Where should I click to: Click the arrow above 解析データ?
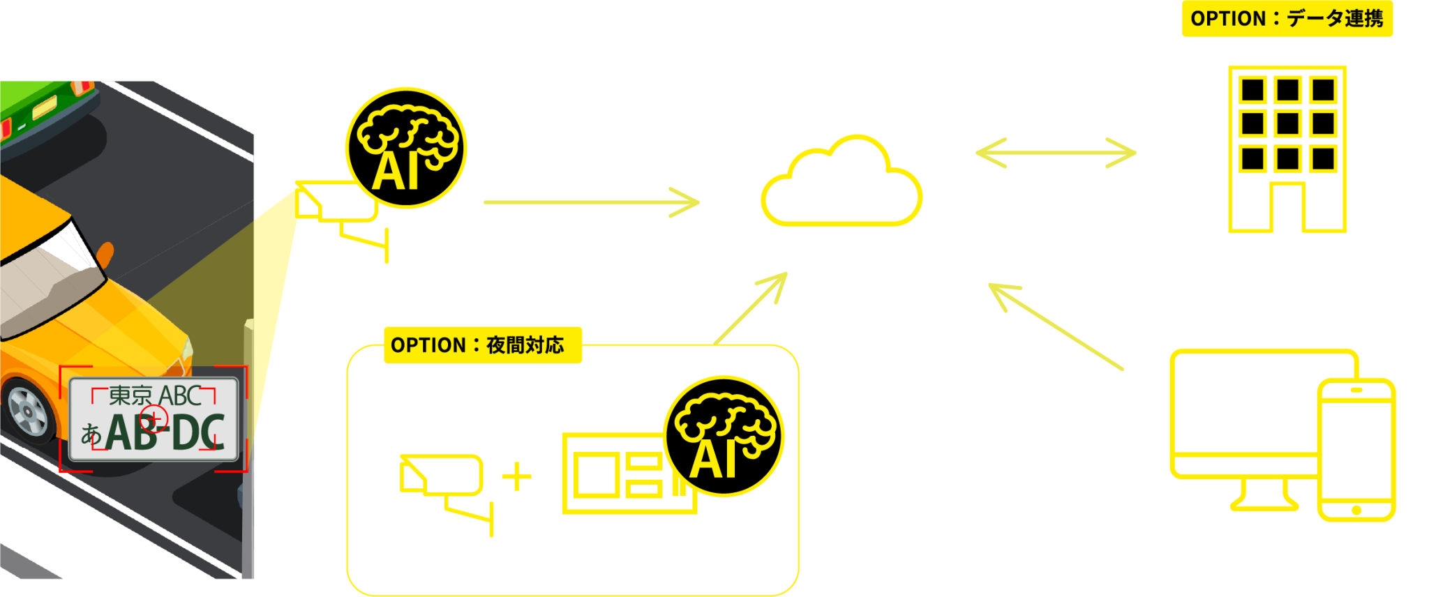592,202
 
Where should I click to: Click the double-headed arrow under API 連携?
1056,153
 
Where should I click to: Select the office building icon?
1287,149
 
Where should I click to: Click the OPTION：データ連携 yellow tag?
1287,19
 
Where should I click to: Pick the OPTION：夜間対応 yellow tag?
482,345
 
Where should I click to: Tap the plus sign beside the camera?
517,477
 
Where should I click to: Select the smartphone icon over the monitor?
1356,451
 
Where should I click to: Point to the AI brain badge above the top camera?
406,148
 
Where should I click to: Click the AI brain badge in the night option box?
724,436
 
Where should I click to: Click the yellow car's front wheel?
28,411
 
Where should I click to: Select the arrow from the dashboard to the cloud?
1056,326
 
